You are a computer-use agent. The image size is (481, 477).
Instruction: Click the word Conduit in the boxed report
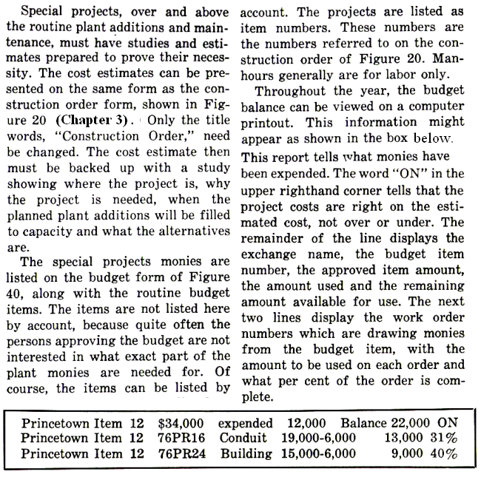click(x=243, y=438)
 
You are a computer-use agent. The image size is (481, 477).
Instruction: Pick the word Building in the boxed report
click(x=246, y=453)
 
